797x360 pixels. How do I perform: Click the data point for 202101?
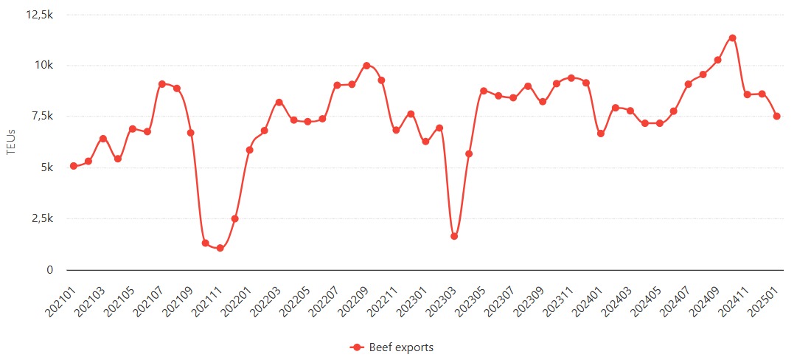74,166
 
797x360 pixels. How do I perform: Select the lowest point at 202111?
220,248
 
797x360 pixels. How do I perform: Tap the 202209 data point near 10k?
366,66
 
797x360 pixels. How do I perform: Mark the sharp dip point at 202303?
454,236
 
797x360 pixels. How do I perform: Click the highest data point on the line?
732,38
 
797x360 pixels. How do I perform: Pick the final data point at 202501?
776,116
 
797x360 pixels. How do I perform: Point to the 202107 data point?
161,84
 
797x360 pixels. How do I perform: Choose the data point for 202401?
601,134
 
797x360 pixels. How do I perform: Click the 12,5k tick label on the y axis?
38,15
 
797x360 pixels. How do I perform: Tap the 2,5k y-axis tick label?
41,219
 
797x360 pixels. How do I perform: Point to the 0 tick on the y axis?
50,270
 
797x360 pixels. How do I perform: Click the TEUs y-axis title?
10,142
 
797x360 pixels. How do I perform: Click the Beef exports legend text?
401,347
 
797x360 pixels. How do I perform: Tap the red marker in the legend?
357,347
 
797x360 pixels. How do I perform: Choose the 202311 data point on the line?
571,77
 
